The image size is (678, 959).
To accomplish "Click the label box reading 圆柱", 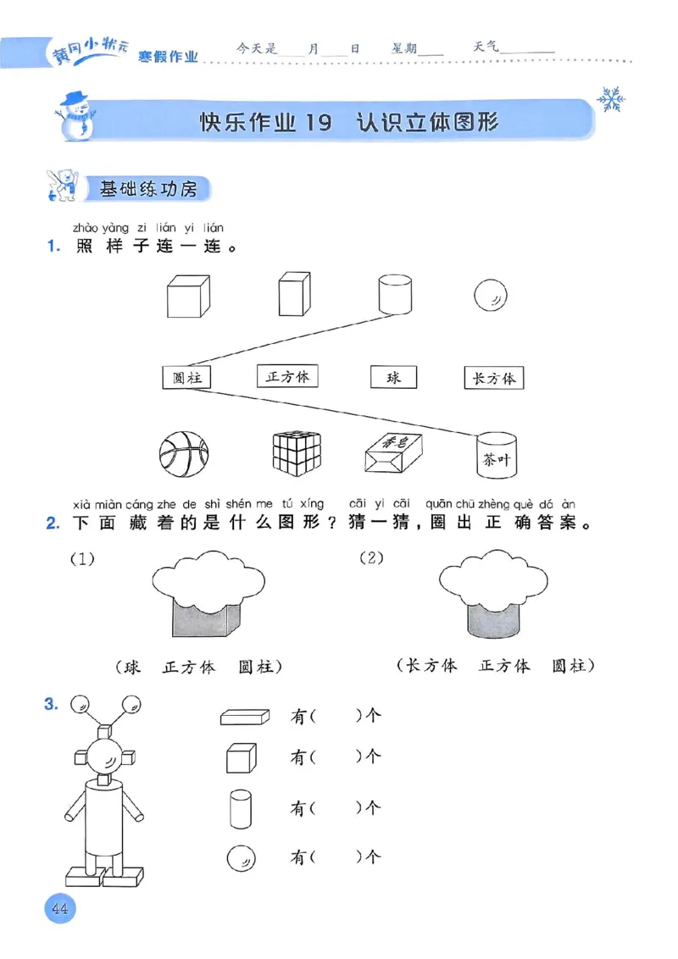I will click(186, 378).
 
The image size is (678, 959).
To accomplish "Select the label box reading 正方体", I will click(286, 376).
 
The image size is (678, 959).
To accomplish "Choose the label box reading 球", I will click(393, 377).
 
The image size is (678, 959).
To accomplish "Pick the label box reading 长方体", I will click(493, 378).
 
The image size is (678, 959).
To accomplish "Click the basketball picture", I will click(183, 452).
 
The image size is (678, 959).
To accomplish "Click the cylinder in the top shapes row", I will click(395, 294).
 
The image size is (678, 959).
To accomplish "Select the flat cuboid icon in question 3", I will click(244, 717).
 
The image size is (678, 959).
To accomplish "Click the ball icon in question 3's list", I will click(242, 859).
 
